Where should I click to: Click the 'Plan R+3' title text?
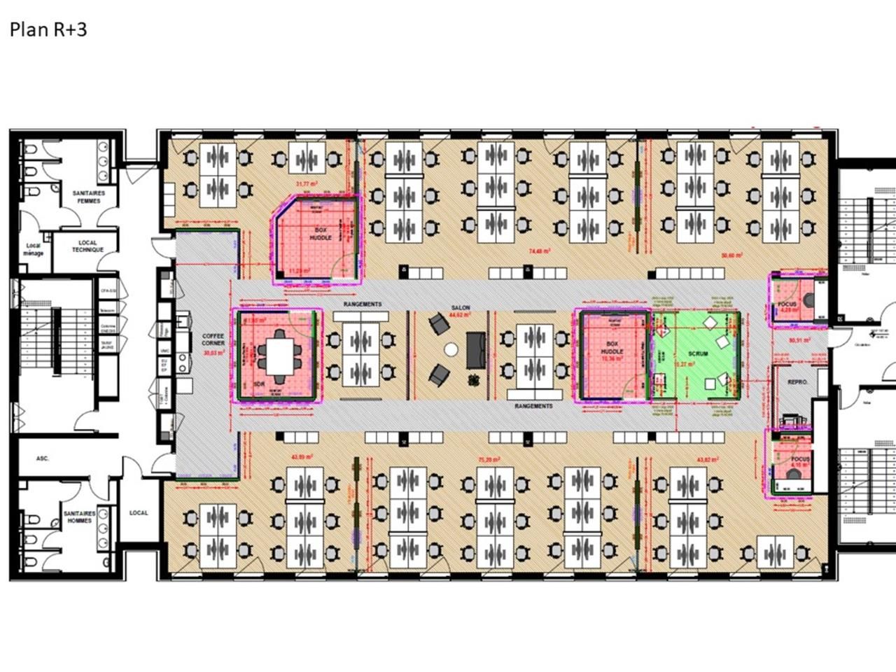coord(48,29)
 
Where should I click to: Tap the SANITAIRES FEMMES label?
coord(89,197)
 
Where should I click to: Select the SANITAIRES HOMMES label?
coord(80,517)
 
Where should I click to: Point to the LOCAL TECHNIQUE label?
coord(87,246)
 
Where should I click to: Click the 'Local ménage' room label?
coord(33,249)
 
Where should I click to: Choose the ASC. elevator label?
coord(43,458)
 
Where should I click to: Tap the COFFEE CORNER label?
coord(213,340)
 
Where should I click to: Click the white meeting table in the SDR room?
coord(281,356)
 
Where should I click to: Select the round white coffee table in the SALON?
coord(451,349)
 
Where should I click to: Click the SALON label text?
coord(460,308)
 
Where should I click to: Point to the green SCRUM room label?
coord(698,353)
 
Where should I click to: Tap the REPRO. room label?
coord(798,382)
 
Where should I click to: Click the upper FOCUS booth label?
coord(787,304)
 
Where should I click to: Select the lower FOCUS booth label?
coord(800,459)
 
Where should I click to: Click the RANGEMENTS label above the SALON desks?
coord(363,304)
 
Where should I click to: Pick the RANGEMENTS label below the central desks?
coord(533,406)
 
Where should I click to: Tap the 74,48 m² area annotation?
coord(539,251)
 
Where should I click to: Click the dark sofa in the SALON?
coord(476,349)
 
